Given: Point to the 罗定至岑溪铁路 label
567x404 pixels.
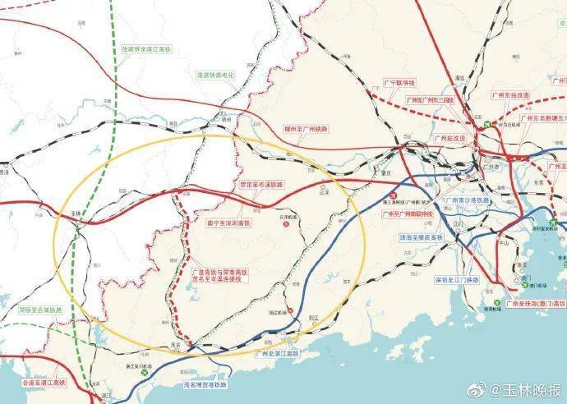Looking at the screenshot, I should tap(260, 186).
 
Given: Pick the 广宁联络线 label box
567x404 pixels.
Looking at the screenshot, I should tap(400, 84).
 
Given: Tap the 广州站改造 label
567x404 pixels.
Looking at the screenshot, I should tap(451, 138).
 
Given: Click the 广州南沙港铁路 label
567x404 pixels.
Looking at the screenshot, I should tap(467, 200).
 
